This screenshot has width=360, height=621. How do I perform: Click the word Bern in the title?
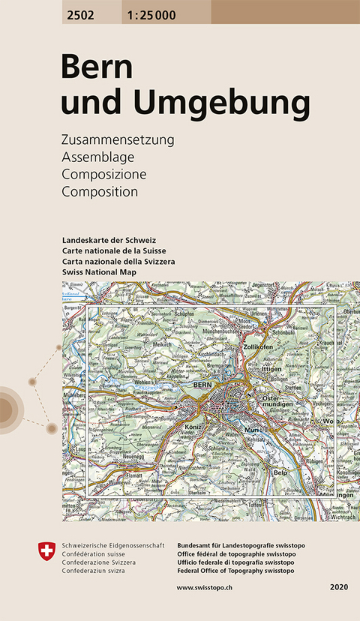(97, 68)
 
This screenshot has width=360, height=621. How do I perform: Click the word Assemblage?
(97, 157)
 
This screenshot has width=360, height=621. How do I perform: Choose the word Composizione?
(103, 174)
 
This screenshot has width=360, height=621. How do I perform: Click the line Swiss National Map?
(100, 271)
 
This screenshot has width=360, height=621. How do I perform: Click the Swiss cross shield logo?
(44, 550)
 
